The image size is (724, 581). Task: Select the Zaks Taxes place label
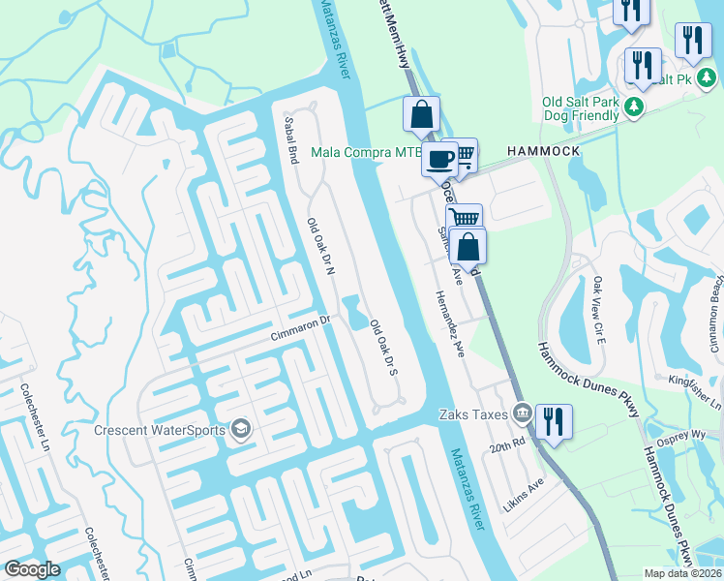(472, 413)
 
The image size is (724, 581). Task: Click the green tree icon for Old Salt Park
(634, 106)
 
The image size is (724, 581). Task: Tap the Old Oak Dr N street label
(319, 248)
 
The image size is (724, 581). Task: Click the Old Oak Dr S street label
(384, 348)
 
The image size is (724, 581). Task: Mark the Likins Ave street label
(527, 494)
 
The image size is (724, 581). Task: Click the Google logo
(32, 568)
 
